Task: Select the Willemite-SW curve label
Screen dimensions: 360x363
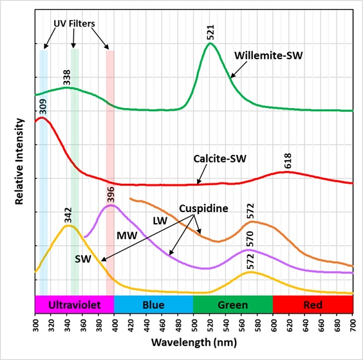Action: point(268,55)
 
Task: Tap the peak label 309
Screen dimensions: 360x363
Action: point(43,107)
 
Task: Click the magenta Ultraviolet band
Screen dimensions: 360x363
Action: point(74,303)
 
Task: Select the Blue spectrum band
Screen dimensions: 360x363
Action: point(153,303)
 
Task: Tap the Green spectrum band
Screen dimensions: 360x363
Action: point(233,303)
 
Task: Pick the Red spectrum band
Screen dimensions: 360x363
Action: point(313,303)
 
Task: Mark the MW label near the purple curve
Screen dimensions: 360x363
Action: point(126,236)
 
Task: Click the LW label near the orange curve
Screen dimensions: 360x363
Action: point(160,220)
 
